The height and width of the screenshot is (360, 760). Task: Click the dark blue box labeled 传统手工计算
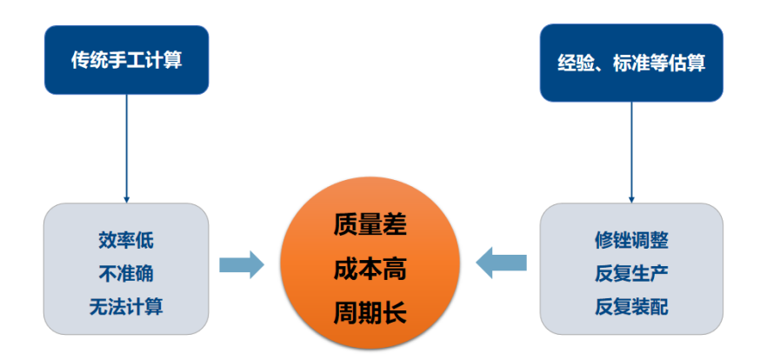coord(126,59)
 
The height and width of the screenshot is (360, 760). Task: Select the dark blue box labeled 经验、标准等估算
coord(631,63)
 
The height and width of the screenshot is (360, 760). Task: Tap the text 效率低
coord(126,240)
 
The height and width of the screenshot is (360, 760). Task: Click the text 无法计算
coord(126,306)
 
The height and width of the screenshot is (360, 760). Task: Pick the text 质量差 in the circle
coord(370,225)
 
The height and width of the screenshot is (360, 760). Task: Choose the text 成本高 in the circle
coord(370,269)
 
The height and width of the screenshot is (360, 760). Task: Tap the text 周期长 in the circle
coord(370,312)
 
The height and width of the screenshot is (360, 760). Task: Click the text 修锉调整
coord(631,240)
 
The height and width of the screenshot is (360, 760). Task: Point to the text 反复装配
coord(631,306)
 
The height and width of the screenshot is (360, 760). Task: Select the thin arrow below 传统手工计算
coord(127,148)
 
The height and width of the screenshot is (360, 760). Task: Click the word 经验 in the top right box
coord(575,63)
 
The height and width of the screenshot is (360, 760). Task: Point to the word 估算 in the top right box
coord(687,63)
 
